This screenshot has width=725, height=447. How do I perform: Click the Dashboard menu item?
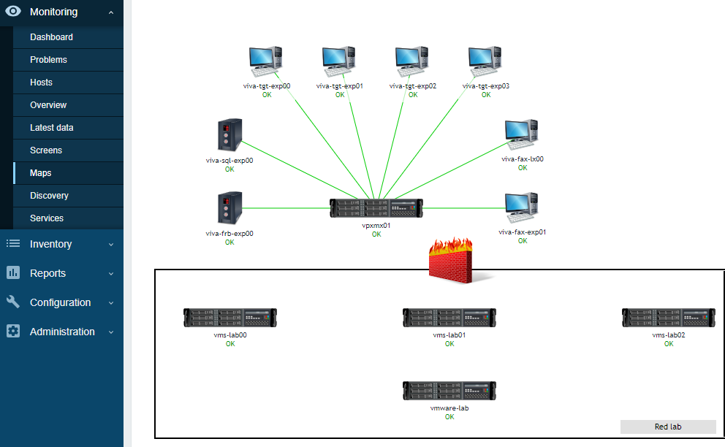(51, 37)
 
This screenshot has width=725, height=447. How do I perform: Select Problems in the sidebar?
(48, 60)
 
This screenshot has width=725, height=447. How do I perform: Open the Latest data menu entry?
(52, 128)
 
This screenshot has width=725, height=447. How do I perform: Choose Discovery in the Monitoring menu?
(49, 196)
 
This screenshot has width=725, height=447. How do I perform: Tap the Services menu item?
(47, 218)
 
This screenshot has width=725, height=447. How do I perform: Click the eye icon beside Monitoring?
(13, 11)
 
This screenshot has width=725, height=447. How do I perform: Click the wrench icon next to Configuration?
(13, 302)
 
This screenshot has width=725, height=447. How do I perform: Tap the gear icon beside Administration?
(13, 331)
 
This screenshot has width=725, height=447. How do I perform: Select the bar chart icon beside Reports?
(13, 272)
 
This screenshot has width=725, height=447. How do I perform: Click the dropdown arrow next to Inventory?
(111, 245)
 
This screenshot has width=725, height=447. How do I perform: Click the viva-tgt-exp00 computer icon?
(266, 61)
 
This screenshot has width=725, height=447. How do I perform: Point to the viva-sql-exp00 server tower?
(229, 135)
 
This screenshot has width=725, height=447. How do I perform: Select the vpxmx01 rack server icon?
(376, 208)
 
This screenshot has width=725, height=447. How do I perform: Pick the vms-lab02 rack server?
(669, 318)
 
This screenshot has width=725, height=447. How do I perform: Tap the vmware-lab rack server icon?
(449, 391)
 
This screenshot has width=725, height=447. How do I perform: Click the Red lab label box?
(668, 427)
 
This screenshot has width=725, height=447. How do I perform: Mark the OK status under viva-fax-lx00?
(523, 168)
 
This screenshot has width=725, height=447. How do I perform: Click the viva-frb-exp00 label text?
(229, 234)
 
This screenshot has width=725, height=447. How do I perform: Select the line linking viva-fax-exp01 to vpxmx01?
(464, 208)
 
